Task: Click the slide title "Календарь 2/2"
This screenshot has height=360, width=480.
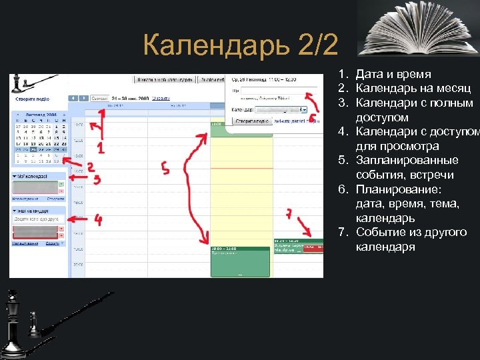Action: pyautogui.click(x=241, y=46)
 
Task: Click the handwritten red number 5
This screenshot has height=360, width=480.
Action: pyautogui.click(x=165, y=169)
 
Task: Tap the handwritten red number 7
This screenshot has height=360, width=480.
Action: pyautogui.click(x=288, y=214)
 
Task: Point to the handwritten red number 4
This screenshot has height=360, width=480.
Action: pyautogui.click(x=98, y=220)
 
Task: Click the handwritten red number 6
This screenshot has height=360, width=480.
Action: pyautogui.click(x=312, y=116)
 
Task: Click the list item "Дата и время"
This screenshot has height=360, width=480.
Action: pyautogui.click(x=393, y=74)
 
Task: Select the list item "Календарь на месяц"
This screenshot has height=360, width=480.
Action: pyautogui.click(x=413, y=89)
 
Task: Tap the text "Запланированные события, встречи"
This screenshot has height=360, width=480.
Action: pyautogui.click(x=407, y=167)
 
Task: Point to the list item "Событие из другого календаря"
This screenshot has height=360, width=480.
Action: pyautogui.click(x=411, y=239)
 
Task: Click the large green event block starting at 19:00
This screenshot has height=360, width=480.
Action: pyautogui.click(x=241, y=261)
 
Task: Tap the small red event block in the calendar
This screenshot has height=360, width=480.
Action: pyautogui.click(x=312, y=247)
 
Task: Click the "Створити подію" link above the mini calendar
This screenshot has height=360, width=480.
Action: pyautogui.click(x=31, y=98)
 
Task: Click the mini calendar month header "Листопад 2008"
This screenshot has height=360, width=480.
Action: pyautogui.click(x=39, y=114)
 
